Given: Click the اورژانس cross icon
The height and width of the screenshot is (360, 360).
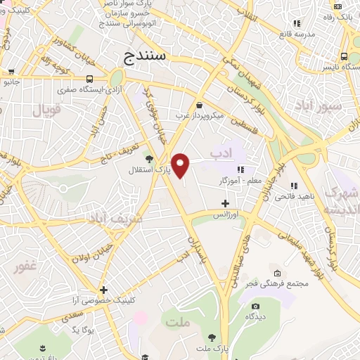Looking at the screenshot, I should click(225, 203).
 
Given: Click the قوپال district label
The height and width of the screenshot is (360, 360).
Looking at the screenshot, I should click(47, 110).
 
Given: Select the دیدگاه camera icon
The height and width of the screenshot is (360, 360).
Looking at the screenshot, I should click(255, 306).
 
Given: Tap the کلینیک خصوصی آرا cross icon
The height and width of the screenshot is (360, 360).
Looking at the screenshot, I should click(103, 290).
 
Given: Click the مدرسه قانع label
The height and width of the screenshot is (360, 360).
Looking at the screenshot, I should click(295, 34).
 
